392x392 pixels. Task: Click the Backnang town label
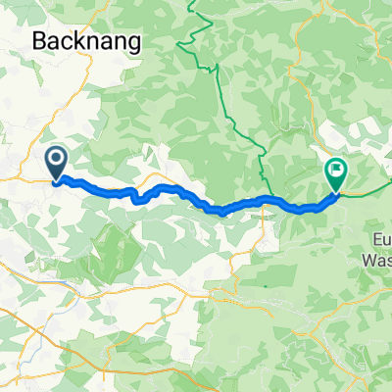click(87, 40)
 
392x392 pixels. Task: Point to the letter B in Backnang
click(40, 40)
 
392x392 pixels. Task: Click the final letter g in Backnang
click(132, 43)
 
